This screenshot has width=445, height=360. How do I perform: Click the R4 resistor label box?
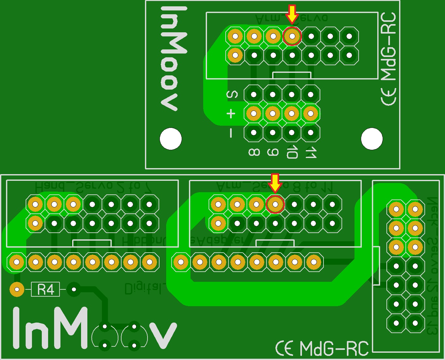click(x=45, y=289)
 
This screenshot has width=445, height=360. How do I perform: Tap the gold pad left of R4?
click(x=17, y=289)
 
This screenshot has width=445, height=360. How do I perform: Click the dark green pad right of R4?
click(x=74, y=289)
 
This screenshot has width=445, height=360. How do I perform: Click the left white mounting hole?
click(x=171, y=139)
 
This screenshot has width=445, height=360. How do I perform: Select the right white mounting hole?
click(x=372, y=139)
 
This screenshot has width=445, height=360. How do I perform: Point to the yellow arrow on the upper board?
click(x=292, y=13)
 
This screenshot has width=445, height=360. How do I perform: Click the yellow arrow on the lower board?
click(x=275, y=182)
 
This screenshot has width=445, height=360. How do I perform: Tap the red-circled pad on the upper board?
click(x=292, y=36)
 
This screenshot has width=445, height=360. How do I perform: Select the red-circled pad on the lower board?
click(x=275, y=204)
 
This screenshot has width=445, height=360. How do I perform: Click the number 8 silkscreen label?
click(x=254, y=153)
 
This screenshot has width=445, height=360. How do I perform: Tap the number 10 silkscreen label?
click(x=291, y=153)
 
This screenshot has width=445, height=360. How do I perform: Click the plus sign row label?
click(x=231, y=113)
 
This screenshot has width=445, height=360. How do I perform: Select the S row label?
click(x=232, y=94)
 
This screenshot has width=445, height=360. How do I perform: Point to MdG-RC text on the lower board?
click(x=334, y=348)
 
